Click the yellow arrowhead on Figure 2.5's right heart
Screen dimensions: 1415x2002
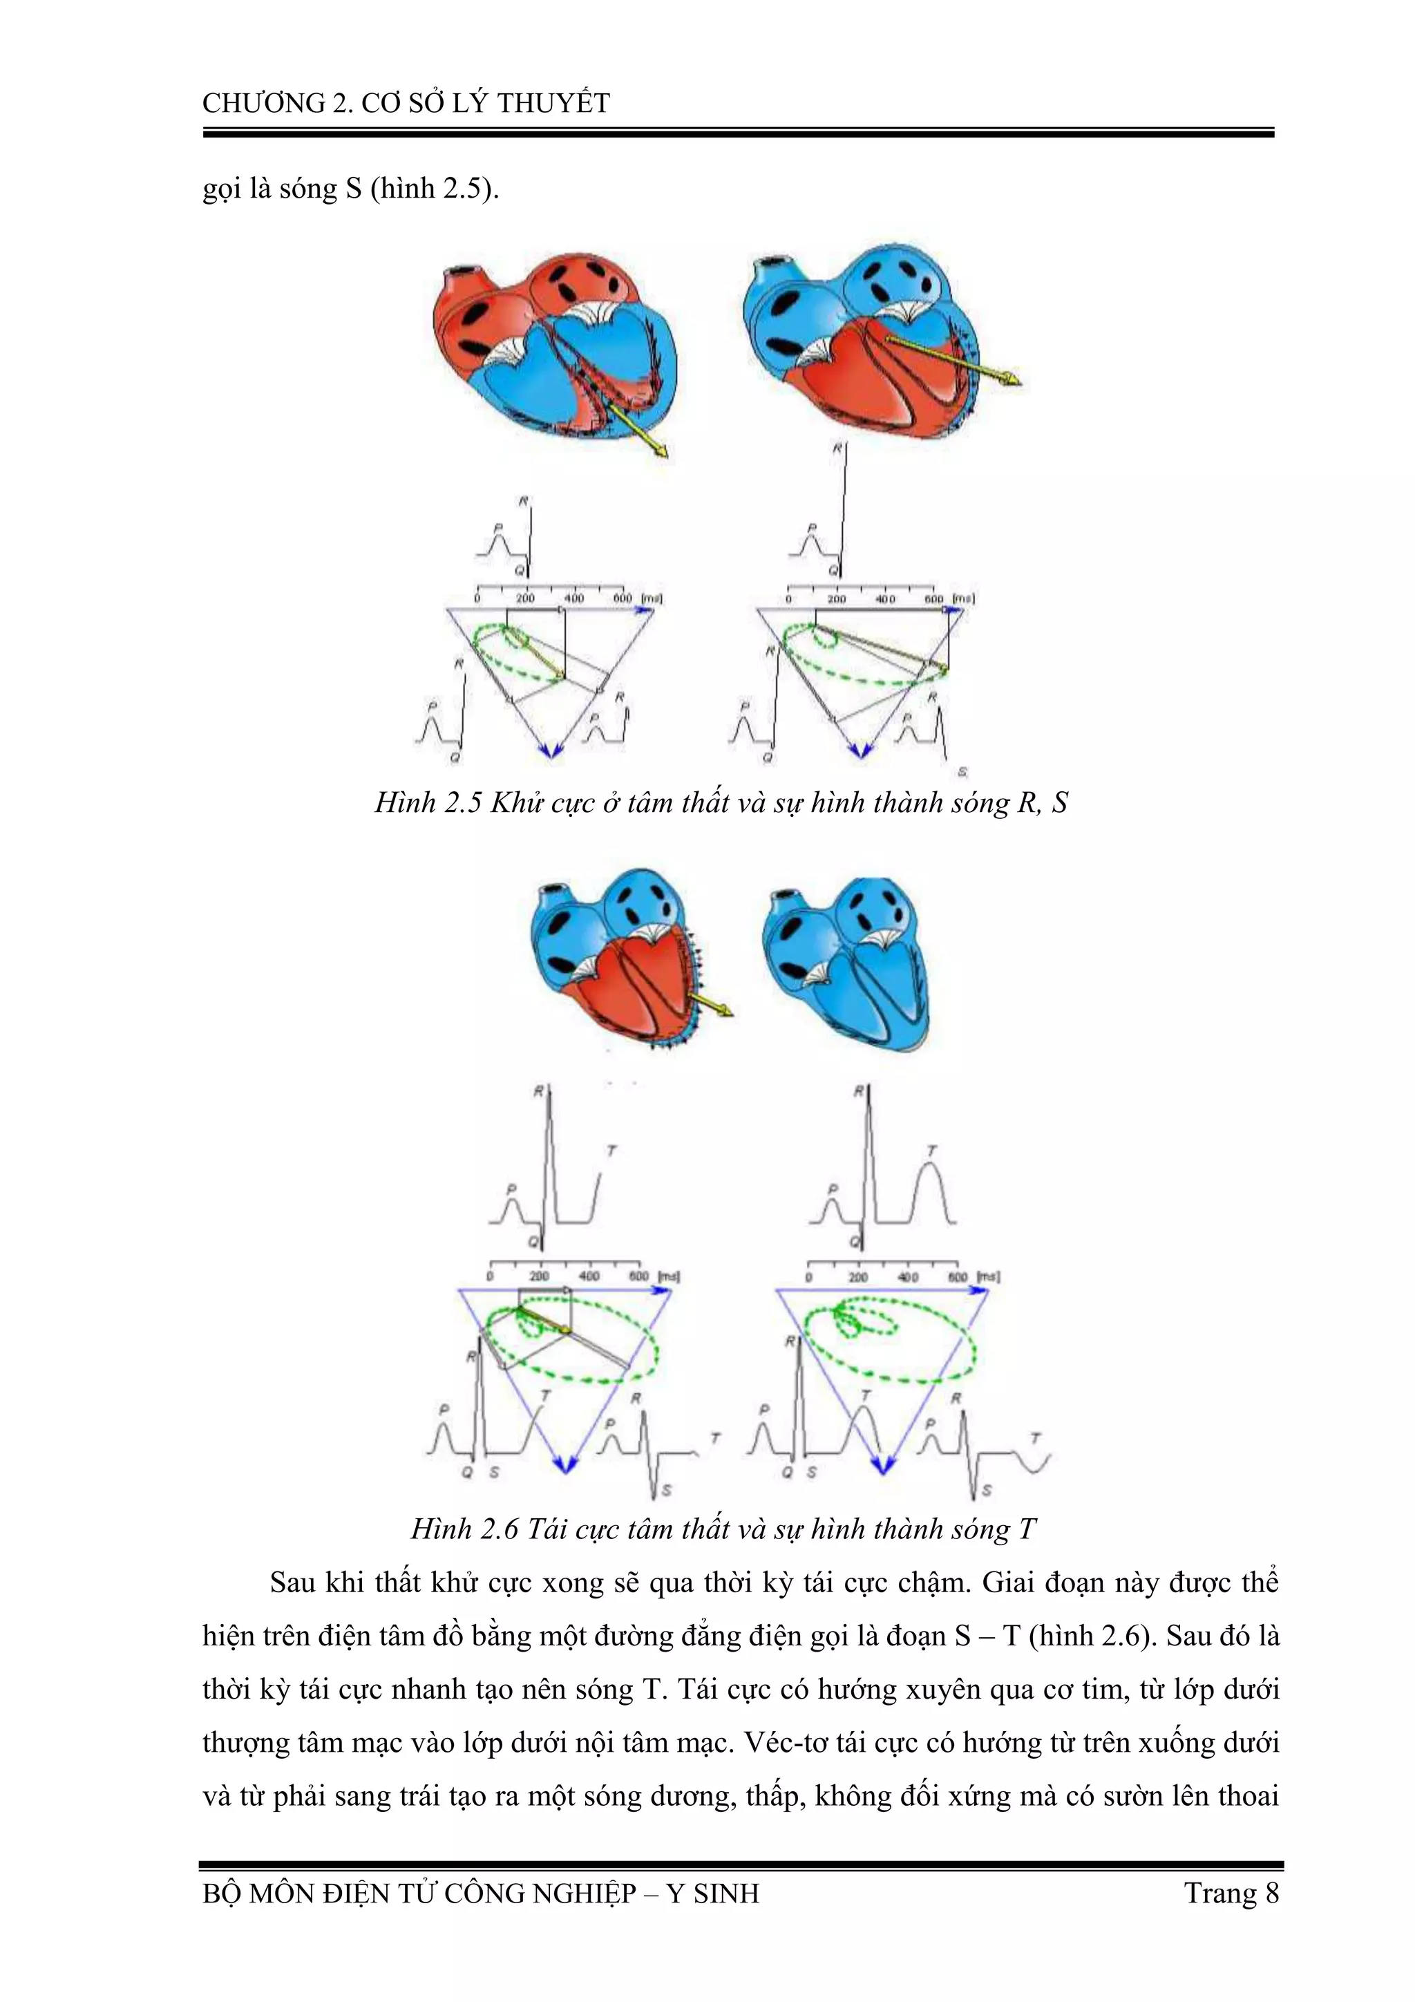tap(1012, 380)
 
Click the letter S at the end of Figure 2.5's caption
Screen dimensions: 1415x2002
tap(1059, 802)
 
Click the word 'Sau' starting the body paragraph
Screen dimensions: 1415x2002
tap(293, 1582)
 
